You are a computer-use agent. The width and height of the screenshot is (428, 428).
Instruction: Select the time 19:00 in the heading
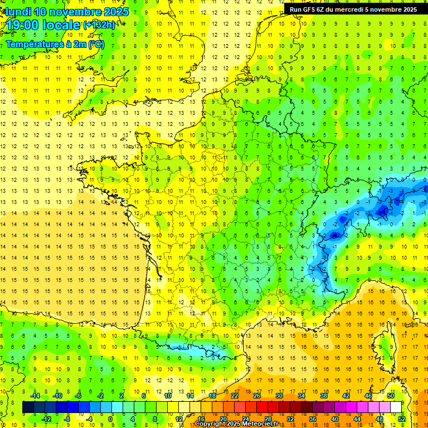27,25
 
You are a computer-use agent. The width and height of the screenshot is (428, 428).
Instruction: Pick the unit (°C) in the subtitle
96,45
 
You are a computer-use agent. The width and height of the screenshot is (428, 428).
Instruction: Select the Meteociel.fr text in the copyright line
261,424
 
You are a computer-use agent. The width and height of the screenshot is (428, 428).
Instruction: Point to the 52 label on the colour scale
402,419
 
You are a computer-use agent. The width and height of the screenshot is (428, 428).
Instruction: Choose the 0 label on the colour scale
110,419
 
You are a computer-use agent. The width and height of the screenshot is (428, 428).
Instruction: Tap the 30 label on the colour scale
279,396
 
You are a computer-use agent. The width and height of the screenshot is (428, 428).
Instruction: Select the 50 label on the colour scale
391,396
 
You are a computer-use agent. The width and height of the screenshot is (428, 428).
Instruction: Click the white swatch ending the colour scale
396,407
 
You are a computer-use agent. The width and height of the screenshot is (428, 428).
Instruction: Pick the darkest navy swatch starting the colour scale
28,407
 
